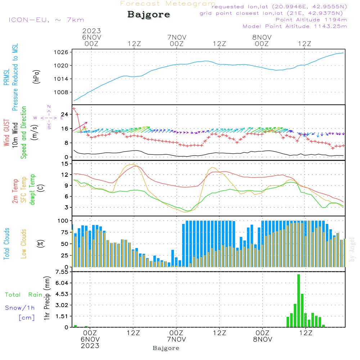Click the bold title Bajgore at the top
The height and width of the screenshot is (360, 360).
[149, 15]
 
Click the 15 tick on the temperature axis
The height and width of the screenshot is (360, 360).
[65, 164]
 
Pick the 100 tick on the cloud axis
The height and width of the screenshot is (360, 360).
[63, 220]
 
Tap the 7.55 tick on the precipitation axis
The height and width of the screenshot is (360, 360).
[62, 272]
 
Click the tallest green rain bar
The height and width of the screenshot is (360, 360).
[298, 301]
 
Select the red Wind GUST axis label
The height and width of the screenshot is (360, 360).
[6, 133]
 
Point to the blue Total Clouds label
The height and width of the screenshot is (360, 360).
[6, 244]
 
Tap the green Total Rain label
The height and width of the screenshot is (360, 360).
[24, 294]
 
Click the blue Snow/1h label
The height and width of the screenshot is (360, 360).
[20, 308]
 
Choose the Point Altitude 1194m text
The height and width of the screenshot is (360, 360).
[311, 19]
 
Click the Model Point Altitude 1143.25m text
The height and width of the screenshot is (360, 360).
[295, 26]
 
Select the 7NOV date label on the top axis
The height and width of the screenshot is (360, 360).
[176, 37]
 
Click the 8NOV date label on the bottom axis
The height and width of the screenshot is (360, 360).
[262, 339]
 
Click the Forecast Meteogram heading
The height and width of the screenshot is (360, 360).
[168, 4]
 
